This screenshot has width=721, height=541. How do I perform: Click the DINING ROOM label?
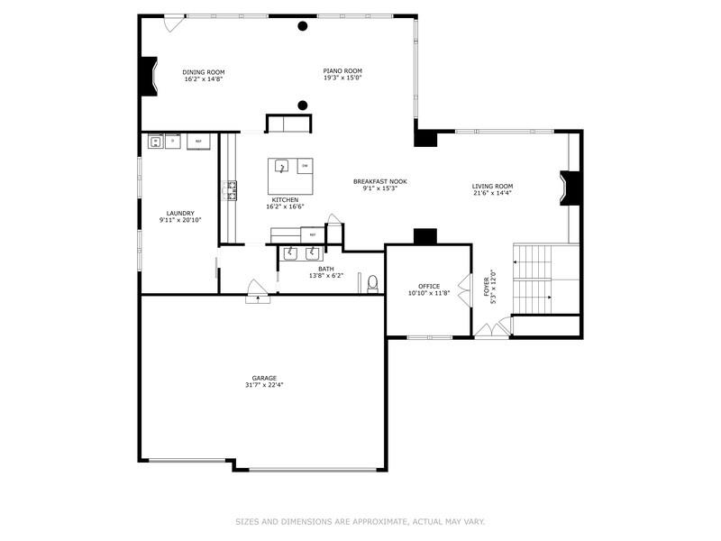coord(203,72)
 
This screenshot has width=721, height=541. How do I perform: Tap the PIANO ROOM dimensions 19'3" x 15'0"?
coord(342,78)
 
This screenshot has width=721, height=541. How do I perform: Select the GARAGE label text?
coord(264,378)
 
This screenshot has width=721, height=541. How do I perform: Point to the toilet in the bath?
coord(371,284)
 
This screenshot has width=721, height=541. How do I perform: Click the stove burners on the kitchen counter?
coord(231,189)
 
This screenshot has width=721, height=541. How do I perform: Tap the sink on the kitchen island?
coord(281,167)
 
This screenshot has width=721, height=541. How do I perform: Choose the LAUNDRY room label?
coord(180,214)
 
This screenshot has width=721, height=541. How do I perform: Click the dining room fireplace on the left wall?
coord(148,77)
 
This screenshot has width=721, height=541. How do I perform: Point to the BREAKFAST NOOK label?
coord(379,181)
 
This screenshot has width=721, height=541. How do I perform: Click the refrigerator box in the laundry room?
coord(198,142)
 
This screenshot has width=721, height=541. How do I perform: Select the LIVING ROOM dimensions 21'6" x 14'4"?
coord(492,193)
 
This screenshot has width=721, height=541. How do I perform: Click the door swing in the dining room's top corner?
coord(170,24)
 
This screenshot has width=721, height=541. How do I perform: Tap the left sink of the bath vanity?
coord(291,252)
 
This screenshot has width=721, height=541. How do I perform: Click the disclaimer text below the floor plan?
coord(360,521)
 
